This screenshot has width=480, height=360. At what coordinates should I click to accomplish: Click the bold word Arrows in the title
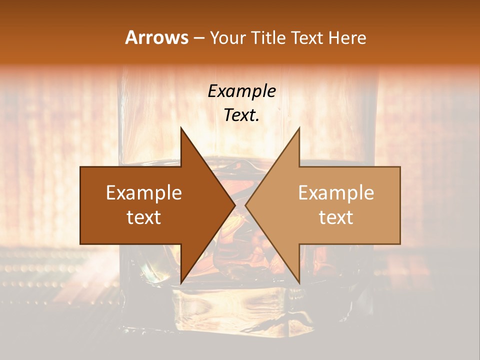coord(156,37)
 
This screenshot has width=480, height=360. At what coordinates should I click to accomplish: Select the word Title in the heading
coord(269,38)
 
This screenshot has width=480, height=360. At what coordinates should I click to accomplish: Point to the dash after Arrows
coord(198,38)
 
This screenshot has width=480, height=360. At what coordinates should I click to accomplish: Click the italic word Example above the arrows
coord(241,91)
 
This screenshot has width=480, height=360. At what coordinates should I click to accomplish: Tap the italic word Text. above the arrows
coord(241,115)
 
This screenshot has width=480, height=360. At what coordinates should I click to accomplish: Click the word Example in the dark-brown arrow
coord(144,193)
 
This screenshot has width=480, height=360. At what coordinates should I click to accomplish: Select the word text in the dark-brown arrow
coord(144,217)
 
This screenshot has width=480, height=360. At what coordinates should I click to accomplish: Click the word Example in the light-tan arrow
coord(336,193)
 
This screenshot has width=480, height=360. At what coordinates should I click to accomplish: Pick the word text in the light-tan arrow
coord(336,217)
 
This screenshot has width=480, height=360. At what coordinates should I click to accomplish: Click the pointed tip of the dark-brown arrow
coord(235,205)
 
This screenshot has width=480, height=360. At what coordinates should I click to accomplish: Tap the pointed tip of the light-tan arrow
coord(245,205)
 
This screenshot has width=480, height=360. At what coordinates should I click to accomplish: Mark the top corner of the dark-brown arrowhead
coord(181,128)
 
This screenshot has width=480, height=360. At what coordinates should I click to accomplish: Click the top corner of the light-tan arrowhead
coord(299,128)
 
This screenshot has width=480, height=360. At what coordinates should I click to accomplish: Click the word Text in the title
coord(307,38)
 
